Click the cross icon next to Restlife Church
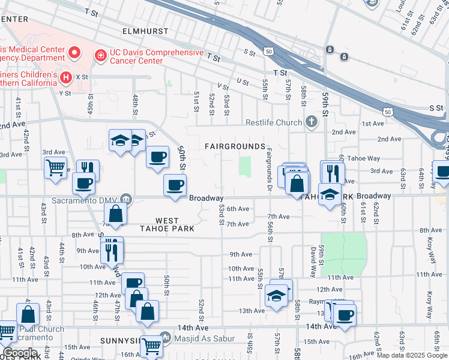click(x=311, y=122)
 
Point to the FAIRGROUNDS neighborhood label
click(x=235, y=146)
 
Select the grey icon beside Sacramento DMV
click(x=125, y=199)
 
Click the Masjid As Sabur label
click(x=206, y=340)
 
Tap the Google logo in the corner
click(x=20, y=353)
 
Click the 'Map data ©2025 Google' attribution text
click(x=411, y=355)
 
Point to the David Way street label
click(x=313, y=261)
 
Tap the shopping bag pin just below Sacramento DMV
click(x=116, y=212)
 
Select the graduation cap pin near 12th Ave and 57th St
click(x=276, y=295)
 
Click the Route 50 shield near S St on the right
click(x=389, y=112)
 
